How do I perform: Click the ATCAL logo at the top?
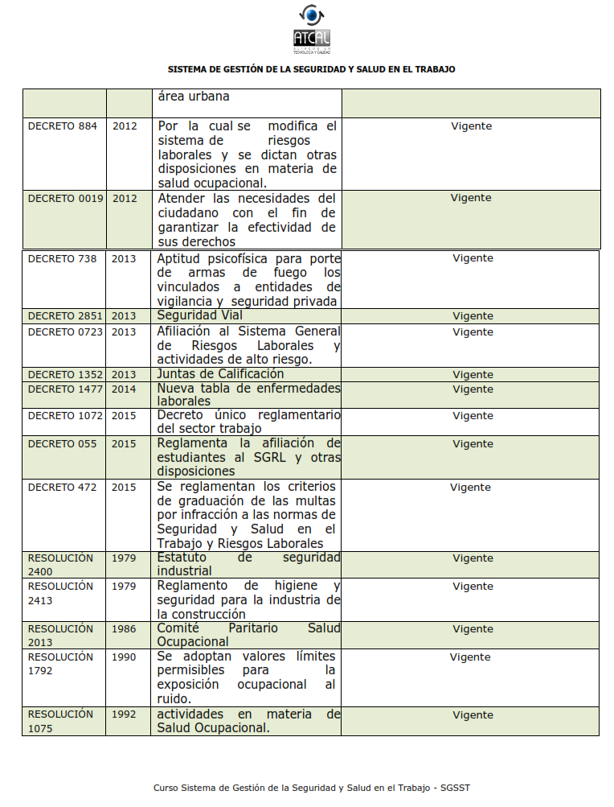tap(311, 29)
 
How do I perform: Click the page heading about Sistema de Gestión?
tap(311, 70)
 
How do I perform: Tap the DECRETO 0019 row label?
tap(65, 199)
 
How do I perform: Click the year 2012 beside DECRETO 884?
tap(125, 126)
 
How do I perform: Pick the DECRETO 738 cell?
tap(62, 259)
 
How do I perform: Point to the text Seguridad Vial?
tap(199, 315)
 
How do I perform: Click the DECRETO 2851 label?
tap(65, 316)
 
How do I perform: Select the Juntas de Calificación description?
tap(220, 374)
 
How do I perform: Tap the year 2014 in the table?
tap(124, 389)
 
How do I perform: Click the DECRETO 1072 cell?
tap(65, 416)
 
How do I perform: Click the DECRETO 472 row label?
tap(62, 488)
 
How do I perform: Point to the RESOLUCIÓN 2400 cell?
tap(60, 564)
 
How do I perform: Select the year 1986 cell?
tap(124, 629)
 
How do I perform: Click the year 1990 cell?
tap(124, 657)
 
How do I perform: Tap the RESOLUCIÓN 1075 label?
tap(60, 721)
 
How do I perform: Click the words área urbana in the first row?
tap(194, 97)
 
